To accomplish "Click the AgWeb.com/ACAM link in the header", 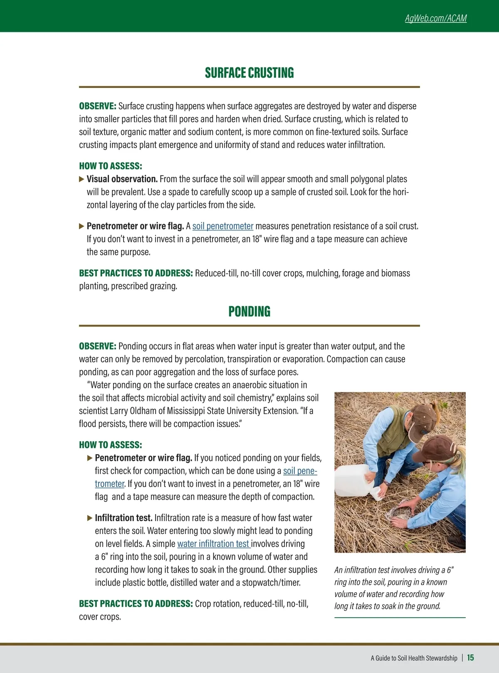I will (436, 18).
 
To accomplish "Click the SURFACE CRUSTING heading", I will (249, 73).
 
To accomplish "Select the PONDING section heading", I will (249, 312).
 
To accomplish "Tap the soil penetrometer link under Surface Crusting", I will (222, 226).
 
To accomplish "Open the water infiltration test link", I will (213, 544).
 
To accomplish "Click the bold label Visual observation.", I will (122, 179).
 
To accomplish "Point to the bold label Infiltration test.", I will (124, 518).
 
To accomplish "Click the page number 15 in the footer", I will (470, 658).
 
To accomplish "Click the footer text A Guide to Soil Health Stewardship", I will (414, 658).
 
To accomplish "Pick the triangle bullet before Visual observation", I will (82, 179).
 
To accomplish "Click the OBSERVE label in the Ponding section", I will (97, 346).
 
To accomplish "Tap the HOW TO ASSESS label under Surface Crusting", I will (111, 166).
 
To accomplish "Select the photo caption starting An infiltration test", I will (393, 588).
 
